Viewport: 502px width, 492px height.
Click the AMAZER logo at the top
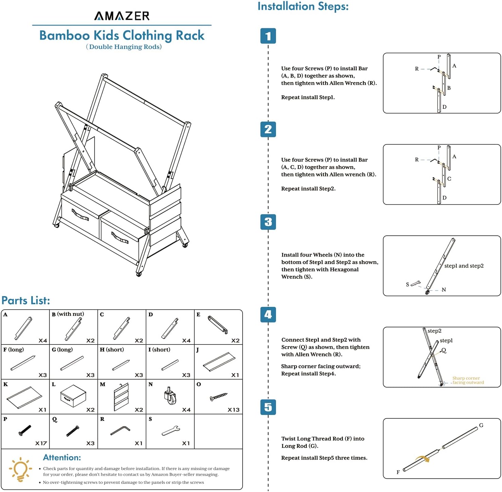point(122,16)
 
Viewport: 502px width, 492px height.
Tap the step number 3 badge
point(268,222)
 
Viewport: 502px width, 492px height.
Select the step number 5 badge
point(268,407)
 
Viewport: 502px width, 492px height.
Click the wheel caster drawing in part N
point(170,396)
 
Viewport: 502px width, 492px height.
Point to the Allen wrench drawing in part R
point(120,430)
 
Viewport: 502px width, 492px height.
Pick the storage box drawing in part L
point(73,396)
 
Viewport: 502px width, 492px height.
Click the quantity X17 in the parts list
point(41,443)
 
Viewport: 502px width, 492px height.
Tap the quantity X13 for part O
point(233,410)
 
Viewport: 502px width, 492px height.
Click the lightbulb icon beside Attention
point(20,469)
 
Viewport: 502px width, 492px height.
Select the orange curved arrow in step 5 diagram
point(423,459)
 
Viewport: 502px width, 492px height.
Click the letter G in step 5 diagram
point(481,425)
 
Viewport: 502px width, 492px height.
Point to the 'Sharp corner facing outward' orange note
point(468,380)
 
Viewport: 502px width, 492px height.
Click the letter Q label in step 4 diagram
point(444,350)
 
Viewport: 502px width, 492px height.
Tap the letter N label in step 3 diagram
point(444,290)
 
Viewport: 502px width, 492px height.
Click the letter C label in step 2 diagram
point(449,179)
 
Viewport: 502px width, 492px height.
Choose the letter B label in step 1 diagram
point(449,88)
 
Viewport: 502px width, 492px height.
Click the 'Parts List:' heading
point(26,300)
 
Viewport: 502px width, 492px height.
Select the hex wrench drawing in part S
point(171,430)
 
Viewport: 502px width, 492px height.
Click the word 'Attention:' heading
point(62,457)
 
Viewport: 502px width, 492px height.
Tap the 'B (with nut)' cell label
point(68,314)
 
